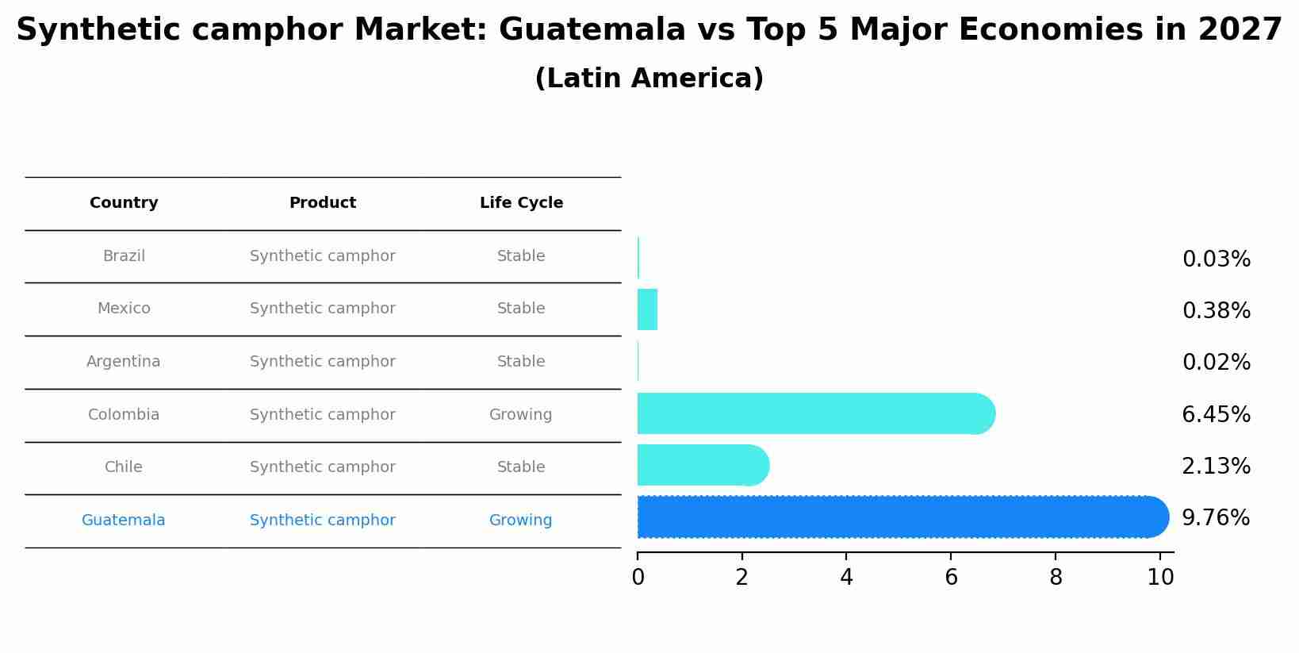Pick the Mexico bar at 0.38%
pyautogui.click(x=647, y=309)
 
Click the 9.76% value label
pyautogui.click(x=1216, y=518)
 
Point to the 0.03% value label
pyautogui.click(x=1216, y=259)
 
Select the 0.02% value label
pyautogui.click(x=1216, y=363)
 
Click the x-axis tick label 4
pyautogui.click(x=846, y=578)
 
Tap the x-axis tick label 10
pyautogui.click(x=1160, y=578)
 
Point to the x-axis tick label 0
pyautogui.click(x=638, y=578)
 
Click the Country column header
pyautogui.click(x=124, y=203)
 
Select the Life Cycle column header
pyautogui.click(x=521, y=203)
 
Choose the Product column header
pyautogui.click(x=323, y=203)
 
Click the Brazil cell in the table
pyautogui.click(x=124, y=256)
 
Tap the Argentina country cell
pyautogui.click(x=124, y=362)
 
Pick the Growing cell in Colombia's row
pyautogui.click(x=520, y=415)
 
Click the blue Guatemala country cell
pyautogui.click(x=124, y=520)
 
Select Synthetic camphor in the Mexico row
pyautogui.click(x=323, y=309)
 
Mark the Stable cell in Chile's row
pyautogui.click(x=521, y=467)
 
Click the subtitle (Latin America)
pyautogui.click(x=649, y=79)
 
